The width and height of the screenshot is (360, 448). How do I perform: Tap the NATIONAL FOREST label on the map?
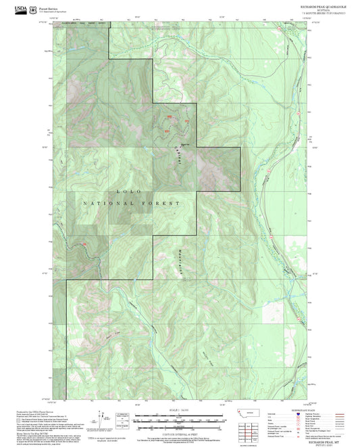click(x=132, y=203)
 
